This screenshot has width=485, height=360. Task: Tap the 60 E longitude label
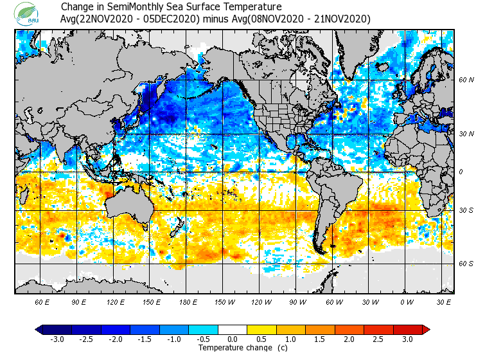(x=42, y=301)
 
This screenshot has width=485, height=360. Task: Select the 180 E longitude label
(x=188, y=301)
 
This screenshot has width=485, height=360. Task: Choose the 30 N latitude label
(x=466, y=134)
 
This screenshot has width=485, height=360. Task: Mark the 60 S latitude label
(x=466, y=264)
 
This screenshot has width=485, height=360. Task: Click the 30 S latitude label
(x=466, y=210)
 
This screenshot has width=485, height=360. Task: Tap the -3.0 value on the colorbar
(x=57, y=339)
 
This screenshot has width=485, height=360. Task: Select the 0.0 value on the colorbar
(x=233, y=339)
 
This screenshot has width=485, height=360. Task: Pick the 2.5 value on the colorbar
(x=378, y=339)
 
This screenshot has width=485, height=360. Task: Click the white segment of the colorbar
(x=233, y=330)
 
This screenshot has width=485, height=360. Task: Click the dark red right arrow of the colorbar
(x=426, y=330)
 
